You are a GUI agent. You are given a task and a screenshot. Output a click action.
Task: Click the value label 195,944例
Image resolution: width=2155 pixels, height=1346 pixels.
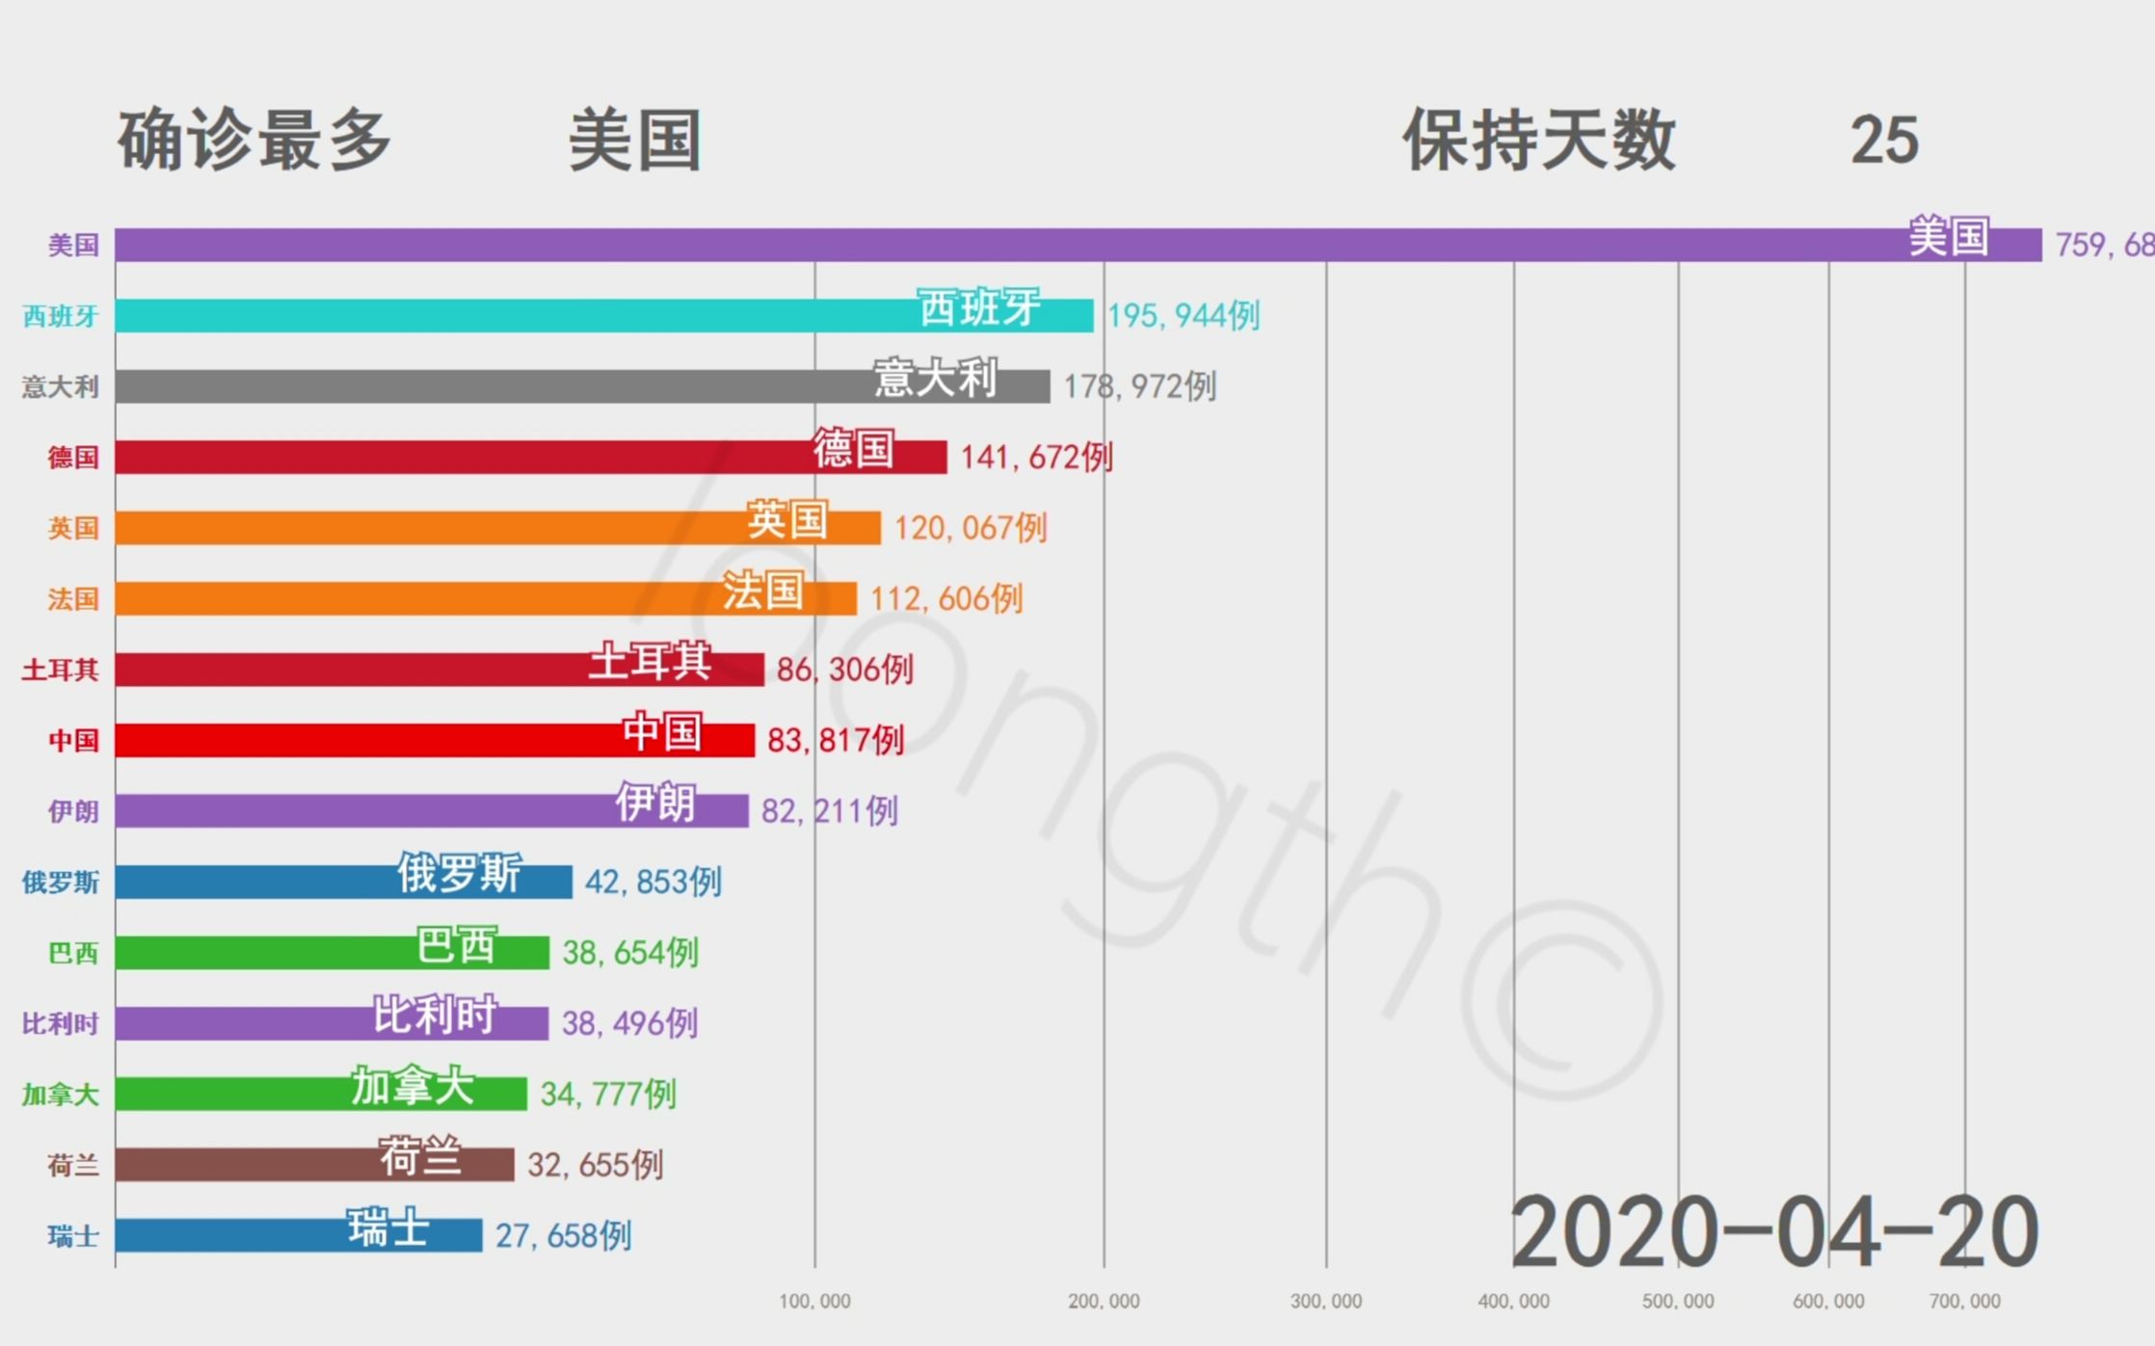(1184, 315)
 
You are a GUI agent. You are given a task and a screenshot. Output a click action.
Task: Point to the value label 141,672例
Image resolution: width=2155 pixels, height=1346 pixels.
(1036, 457)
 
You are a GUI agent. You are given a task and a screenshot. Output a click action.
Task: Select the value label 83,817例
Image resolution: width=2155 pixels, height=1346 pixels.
(836, 740)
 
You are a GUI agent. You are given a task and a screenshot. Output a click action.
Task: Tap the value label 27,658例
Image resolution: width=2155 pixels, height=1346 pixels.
(563, 1235)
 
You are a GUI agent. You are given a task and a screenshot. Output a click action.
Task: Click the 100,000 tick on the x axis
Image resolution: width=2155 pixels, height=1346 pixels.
(814, 1302)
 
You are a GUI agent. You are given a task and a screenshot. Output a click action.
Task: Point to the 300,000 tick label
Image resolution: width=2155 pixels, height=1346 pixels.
(1326, 1302)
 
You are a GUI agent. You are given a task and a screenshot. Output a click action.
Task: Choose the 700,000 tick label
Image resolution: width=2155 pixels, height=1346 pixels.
(1964, 1302)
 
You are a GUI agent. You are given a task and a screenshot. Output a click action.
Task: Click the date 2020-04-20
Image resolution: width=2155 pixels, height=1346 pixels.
(1773, 1232)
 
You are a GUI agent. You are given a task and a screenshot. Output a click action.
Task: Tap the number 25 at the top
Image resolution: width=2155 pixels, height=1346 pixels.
(1884, 141)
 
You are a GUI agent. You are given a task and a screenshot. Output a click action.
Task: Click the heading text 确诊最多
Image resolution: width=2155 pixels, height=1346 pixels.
(254, 141)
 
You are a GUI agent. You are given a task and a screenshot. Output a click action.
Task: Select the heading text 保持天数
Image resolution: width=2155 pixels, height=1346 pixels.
(1539, 141)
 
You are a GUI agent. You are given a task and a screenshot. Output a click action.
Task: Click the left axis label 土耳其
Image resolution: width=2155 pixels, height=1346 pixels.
(60, 670)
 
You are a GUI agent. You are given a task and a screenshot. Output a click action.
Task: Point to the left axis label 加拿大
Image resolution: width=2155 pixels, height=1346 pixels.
(60, 1095)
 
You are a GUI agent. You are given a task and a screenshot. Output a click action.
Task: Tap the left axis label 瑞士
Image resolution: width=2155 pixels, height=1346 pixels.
(73, 1236)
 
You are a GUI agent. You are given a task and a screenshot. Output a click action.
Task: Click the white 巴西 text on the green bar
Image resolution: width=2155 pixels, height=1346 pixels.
(456, 945)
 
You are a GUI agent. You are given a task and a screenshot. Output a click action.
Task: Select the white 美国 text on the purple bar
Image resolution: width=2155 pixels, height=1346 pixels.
(1949, 237)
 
